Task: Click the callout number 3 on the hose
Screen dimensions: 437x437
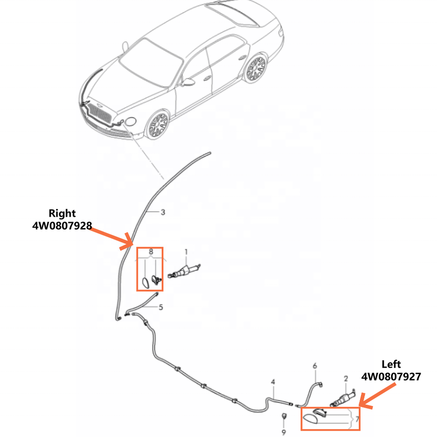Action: [x=163, y=212]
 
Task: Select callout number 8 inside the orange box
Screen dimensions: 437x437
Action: [x=151, y=252]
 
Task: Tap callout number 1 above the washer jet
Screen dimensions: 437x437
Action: [x=186, y=252]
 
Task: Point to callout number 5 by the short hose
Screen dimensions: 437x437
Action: [x=161, y=307]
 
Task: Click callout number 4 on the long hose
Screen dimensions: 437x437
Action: [x=273, y=381]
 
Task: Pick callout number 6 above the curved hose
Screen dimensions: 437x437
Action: [x=314, y=366]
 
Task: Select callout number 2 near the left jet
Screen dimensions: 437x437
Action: [x=346, y=378]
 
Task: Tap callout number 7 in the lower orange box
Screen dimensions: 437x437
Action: [x=357, y=418]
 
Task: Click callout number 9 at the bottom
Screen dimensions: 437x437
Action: [x=284, y=432]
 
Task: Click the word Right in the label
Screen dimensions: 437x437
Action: [x=62, y=213]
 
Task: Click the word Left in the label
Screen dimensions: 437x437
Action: [x=391, y=364]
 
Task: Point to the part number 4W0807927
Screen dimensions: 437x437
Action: [x=391, y=377]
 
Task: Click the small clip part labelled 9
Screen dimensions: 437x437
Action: [x=284, y=416]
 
